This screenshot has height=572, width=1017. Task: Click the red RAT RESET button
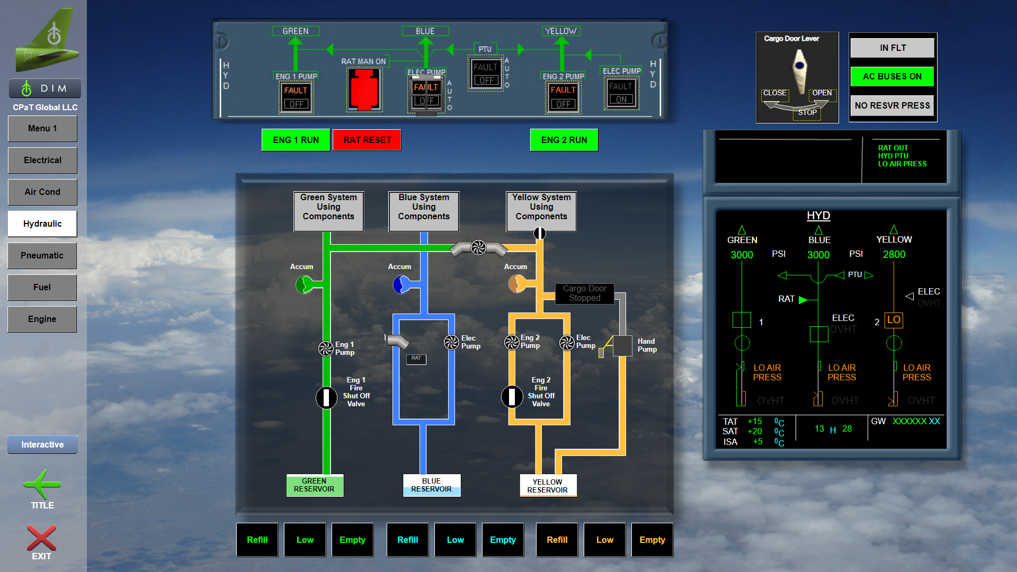tap(367, 140)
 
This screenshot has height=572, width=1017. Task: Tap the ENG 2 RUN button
tap(564, 140)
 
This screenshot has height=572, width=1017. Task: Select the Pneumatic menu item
tap(42, 255)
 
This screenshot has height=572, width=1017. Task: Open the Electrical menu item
tap(42, 160)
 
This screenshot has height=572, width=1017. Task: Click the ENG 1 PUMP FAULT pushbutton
tap(296, 97)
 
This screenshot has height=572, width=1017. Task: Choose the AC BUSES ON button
tap(892, 76)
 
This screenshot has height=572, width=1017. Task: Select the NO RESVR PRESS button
tap(892, 105)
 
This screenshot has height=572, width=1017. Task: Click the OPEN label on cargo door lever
tap(822, 93)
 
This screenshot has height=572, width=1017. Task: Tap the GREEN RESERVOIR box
tap(315, 485)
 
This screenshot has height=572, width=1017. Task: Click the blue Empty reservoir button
tap(503, 540)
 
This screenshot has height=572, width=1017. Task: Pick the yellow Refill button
tap(557, 540)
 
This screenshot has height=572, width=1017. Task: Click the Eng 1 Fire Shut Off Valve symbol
tap(326, 397)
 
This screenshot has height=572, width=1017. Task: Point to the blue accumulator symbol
tap(401, 285)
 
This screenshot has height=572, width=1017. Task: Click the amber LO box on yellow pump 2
tap(894, 320)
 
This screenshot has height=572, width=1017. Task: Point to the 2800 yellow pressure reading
tap(894, 255)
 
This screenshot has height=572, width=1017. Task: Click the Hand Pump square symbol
tap(622, 345)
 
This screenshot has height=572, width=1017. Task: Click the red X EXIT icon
tap(41, 539)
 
